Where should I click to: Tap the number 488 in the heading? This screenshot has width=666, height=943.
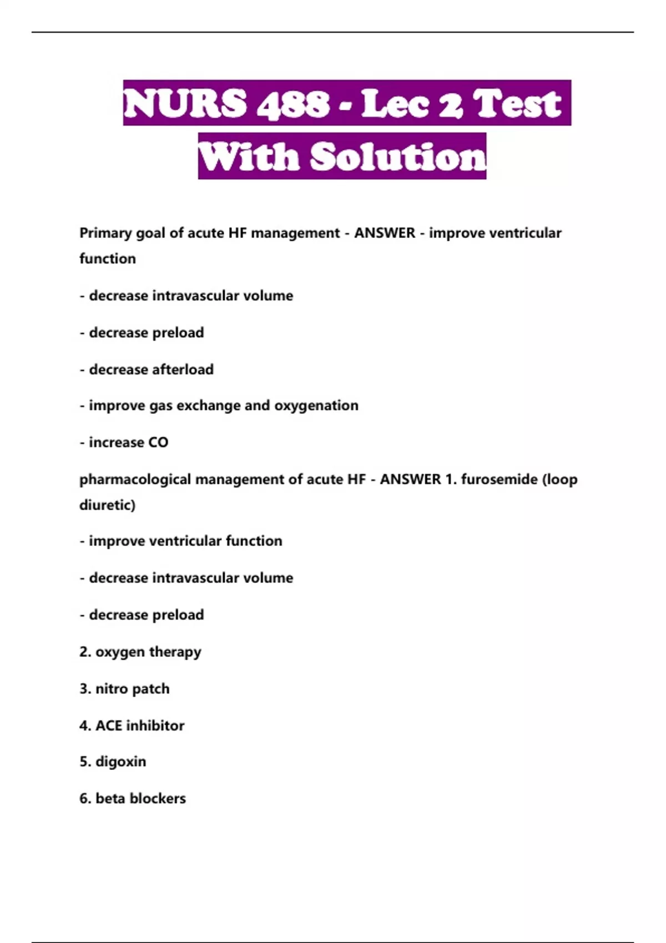pyautogui.click(x=293, y=104)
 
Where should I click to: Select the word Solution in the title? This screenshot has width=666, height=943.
pyautogui.click(x=398, y=157)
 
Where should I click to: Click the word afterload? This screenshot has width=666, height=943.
pyautogui.click(x=183, y=369)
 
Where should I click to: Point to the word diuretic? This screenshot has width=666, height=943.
pyautogui.click(x=106, y=505)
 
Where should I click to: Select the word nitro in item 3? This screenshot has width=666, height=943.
pyautogui.click(x=112, y=689)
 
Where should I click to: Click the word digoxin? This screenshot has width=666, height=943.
pyautogui.click(x=121, y=762)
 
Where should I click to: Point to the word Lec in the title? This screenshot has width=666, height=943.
pyautogui.click(x=395, y=104)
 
